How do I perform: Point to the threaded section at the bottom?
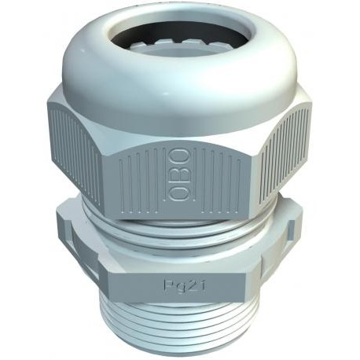click(x=178, y=326)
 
